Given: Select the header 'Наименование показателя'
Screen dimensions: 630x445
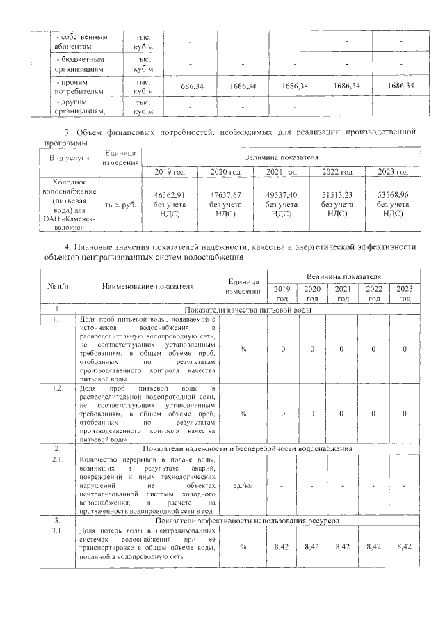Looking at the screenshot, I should [x=147, y=285].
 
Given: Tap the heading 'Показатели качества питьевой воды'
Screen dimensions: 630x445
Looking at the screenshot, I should [x=247, y=310].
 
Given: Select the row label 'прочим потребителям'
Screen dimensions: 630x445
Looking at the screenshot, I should [x=79, y=86].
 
